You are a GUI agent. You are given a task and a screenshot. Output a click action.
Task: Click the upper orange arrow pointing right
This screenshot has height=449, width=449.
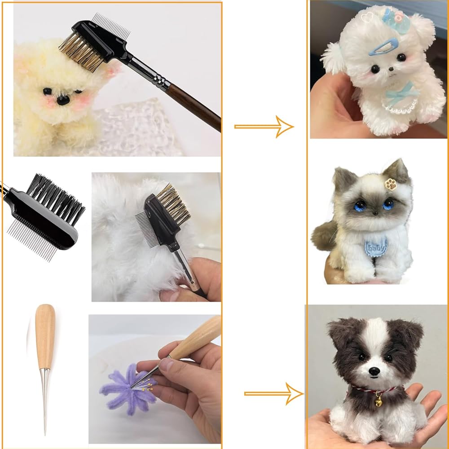tap(264, 127)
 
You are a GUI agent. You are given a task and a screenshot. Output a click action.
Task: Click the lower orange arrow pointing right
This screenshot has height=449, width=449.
tap(274, 394)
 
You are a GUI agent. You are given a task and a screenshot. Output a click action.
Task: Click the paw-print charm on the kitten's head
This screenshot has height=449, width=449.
tap(391, 184)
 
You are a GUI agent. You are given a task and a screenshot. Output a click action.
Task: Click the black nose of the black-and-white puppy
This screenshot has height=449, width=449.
tap(374, 371)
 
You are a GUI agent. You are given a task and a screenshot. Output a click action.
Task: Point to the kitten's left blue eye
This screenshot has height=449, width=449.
tap(360, 206)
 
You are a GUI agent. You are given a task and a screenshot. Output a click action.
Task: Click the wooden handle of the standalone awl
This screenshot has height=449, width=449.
tap(45, 336)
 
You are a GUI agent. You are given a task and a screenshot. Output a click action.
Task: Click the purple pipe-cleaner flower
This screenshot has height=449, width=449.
tap(128, 389)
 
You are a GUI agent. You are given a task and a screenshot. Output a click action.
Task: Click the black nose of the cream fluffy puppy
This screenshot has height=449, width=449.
tap(63, 100)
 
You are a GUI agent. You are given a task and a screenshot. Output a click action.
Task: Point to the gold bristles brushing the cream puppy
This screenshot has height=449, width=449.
tap(81, 52)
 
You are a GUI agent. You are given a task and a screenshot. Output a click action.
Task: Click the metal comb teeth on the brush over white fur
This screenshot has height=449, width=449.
tap(146, 229)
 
